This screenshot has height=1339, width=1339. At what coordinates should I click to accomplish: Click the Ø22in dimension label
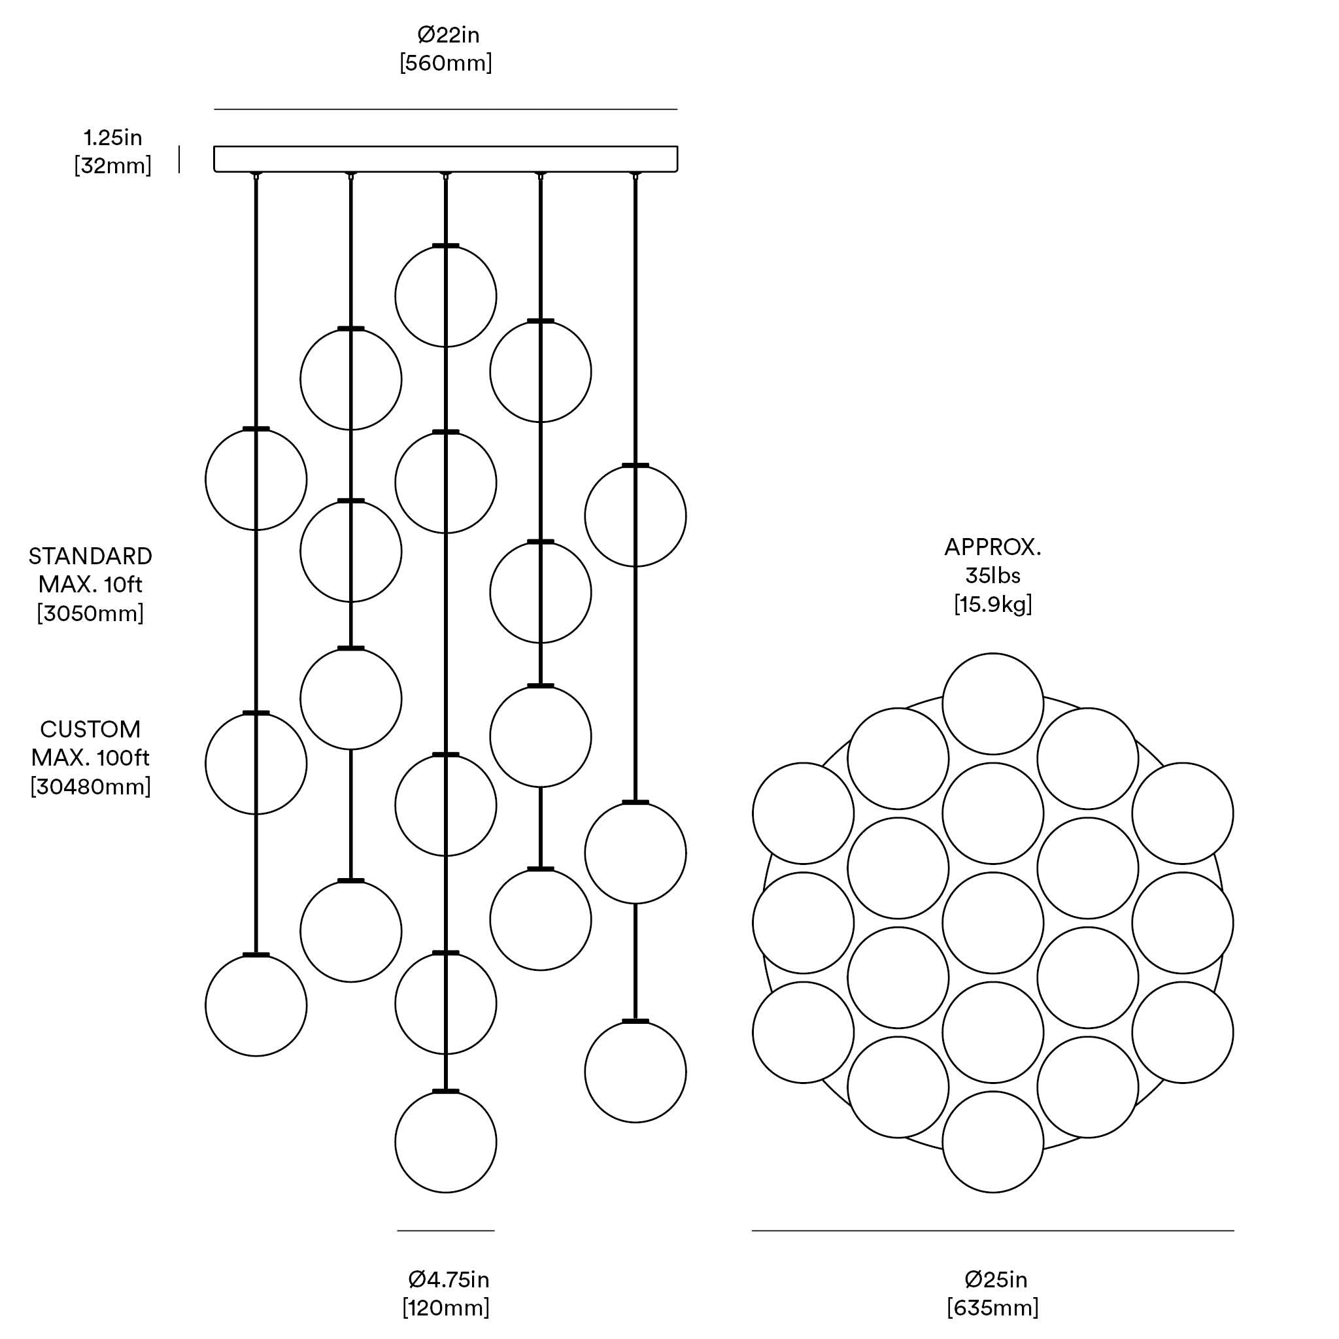pos(448,35)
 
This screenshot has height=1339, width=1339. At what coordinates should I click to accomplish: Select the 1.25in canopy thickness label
pos(113,137)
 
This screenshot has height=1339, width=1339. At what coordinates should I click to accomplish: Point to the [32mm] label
pos(113,166)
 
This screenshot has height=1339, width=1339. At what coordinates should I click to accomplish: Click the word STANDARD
pos(90,556)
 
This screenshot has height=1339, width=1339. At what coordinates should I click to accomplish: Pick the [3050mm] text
pos(90,613)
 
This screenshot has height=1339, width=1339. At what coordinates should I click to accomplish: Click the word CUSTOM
pos(90,729)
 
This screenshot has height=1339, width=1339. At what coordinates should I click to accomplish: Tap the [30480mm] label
pos(90,787)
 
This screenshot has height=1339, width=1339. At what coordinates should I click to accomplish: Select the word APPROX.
pos(992,547)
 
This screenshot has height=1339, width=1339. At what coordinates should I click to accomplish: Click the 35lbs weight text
pos(992,576)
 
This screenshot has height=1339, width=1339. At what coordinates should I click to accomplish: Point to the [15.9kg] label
pos(992,604)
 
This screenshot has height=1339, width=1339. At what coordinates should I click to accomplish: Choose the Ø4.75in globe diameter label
pos(449,1280)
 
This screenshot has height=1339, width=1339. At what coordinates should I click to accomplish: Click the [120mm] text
pos(446,1308)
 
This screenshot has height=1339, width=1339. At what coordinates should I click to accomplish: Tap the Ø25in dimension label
pos(996,1280)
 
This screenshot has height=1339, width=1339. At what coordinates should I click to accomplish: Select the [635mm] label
pos(992,1308)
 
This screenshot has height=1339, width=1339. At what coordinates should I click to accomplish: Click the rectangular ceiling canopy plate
pos(446,159)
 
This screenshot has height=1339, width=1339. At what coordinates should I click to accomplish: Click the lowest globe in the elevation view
pos(446,1142)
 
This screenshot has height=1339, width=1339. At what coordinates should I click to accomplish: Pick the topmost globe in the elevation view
pos(446,297)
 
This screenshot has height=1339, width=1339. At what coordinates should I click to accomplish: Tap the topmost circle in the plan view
pos(992,703)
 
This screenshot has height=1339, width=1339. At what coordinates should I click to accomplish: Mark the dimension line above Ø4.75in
pos(446,1231)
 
